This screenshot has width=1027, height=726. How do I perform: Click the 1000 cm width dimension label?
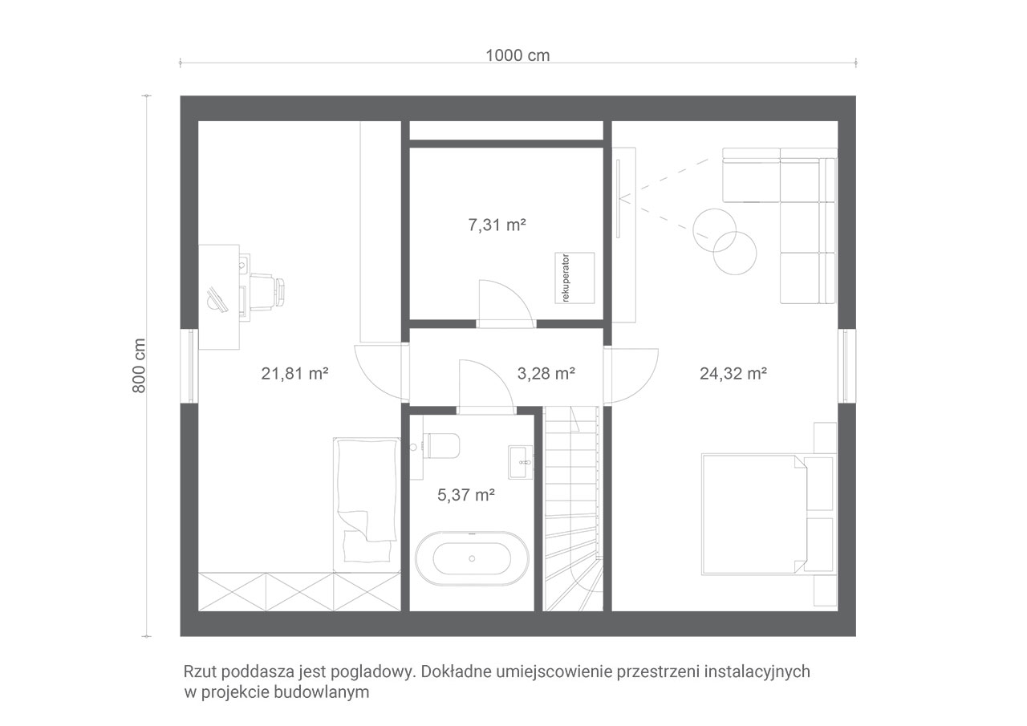click(518, 55)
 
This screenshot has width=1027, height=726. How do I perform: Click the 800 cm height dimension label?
click(139, 366)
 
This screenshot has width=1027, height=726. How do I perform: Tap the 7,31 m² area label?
click(497, 225)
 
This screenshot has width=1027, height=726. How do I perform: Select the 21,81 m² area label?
click(294, 374)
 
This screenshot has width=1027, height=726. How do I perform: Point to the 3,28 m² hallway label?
click(546, 374)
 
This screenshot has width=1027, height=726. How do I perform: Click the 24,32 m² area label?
click(733, 374)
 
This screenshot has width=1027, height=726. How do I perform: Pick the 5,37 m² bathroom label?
click(466, 495)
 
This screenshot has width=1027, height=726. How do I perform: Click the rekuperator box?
click(574, 278)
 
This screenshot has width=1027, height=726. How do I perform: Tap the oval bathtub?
click(472, 558)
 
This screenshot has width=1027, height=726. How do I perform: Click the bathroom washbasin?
click(521, 461)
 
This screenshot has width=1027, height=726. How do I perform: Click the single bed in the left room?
click(367, 505)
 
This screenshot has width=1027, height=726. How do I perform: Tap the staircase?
click(573, 509)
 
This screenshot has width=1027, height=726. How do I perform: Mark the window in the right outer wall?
click(846, 366)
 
